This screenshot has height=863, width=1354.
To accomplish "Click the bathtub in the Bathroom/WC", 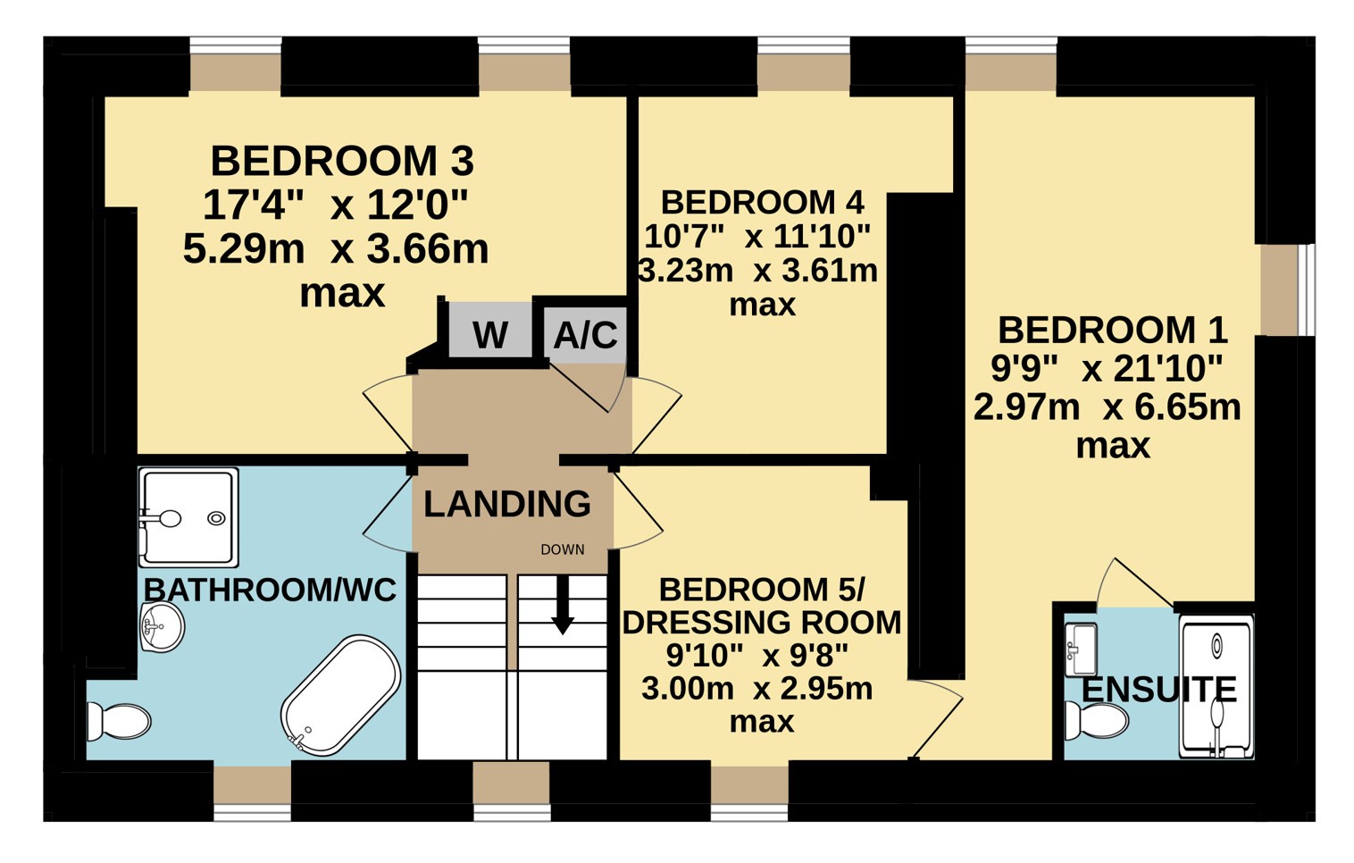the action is (x=341, y=695).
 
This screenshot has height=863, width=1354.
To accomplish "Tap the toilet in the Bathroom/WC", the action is (x=119, y=722).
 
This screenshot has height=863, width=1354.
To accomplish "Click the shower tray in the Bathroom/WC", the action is (x=188, y=517).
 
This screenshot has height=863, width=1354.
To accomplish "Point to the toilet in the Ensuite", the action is (x=1096, y=720).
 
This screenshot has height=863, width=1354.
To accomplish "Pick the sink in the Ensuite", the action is (x=1080, y=650).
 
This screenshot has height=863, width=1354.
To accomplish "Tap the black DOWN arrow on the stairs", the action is (x=563, y=604).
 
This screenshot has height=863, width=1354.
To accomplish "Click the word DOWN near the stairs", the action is (x=562, y=549).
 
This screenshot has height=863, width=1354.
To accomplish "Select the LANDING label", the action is (x=507, y=504).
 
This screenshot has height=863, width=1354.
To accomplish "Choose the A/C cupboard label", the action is (x=586, y=335).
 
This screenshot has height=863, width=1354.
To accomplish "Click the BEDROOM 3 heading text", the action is (x=342, y=161).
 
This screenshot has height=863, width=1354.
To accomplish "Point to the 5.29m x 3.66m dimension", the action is (x=336, y=249).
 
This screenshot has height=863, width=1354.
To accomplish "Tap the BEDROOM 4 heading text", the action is (x=762, y=202).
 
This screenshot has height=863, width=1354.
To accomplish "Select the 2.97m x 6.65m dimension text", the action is (x=1107, y=407).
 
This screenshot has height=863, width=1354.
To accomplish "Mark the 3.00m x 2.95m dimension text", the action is (x=756, y=689).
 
